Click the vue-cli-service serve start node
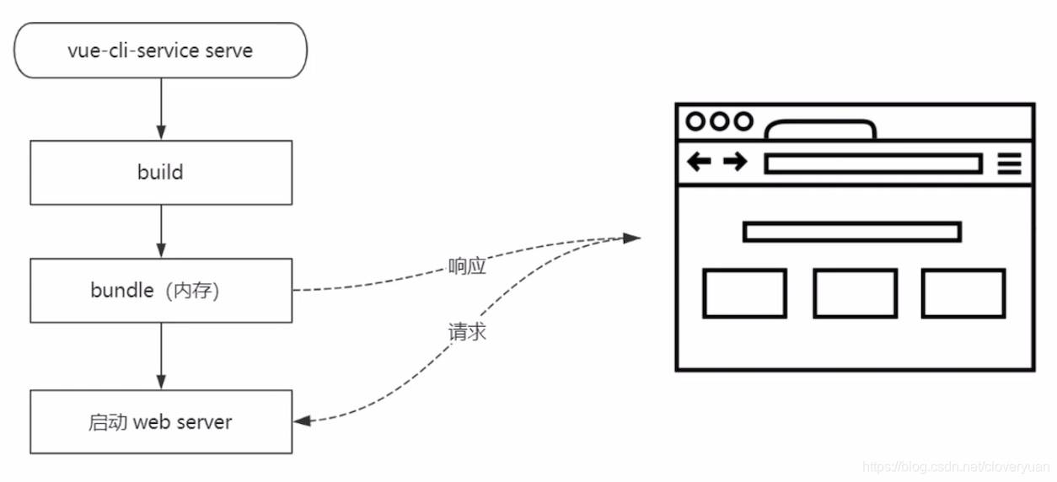[x=160, y=51]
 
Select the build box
[x=160, y=173]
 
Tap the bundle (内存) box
[x=160, y=291]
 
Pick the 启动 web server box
[x=160, y=421]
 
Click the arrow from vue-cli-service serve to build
[x=160, y=109]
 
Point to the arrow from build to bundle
[x=160, y=231]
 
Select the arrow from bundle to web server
[x=160, y=356]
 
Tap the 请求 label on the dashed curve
[x=468, y=331]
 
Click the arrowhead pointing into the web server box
[x=302, y=420]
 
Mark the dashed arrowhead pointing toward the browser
[x=632, y=238]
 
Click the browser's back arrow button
[x=699, y=162]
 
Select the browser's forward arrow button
[x=735, y=162]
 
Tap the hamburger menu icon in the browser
[x=1009, y=163]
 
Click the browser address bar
[x=872, y=163]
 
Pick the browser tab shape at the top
[x=819, y=131]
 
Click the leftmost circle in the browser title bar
[x=695, y=121]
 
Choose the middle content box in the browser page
[x=855, y=293]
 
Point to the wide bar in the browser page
[x=851, y=232]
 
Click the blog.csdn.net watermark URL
[x=958, y=466]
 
